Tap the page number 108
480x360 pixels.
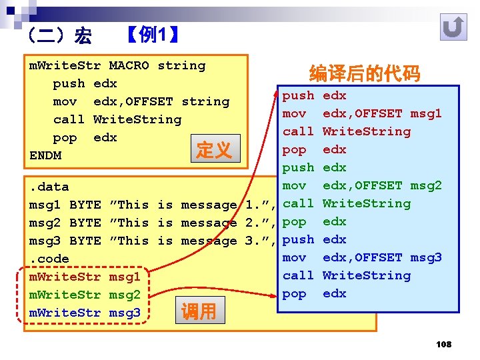(443, 344)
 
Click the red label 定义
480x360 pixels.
(213, 150)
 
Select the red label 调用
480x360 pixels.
(199, 311)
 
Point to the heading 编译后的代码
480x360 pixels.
(365, 74)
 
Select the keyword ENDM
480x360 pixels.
(45, 155)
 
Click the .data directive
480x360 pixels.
(49, 187)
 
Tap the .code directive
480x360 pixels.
(49, 259)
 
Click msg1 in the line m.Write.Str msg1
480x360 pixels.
(125, 277)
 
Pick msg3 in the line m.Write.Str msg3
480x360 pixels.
(125, 313)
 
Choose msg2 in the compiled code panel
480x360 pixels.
(426, 185)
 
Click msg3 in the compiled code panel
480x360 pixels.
(426, 257)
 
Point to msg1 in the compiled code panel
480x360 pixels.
(426, 113)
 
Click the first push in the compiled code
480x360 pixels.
(298, 95)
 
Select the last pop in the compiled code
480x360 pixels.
(294, 293)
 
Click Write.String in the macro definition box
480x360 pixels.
(137, 119)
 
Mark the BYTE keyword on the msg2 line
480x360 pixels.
(85, 223)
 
